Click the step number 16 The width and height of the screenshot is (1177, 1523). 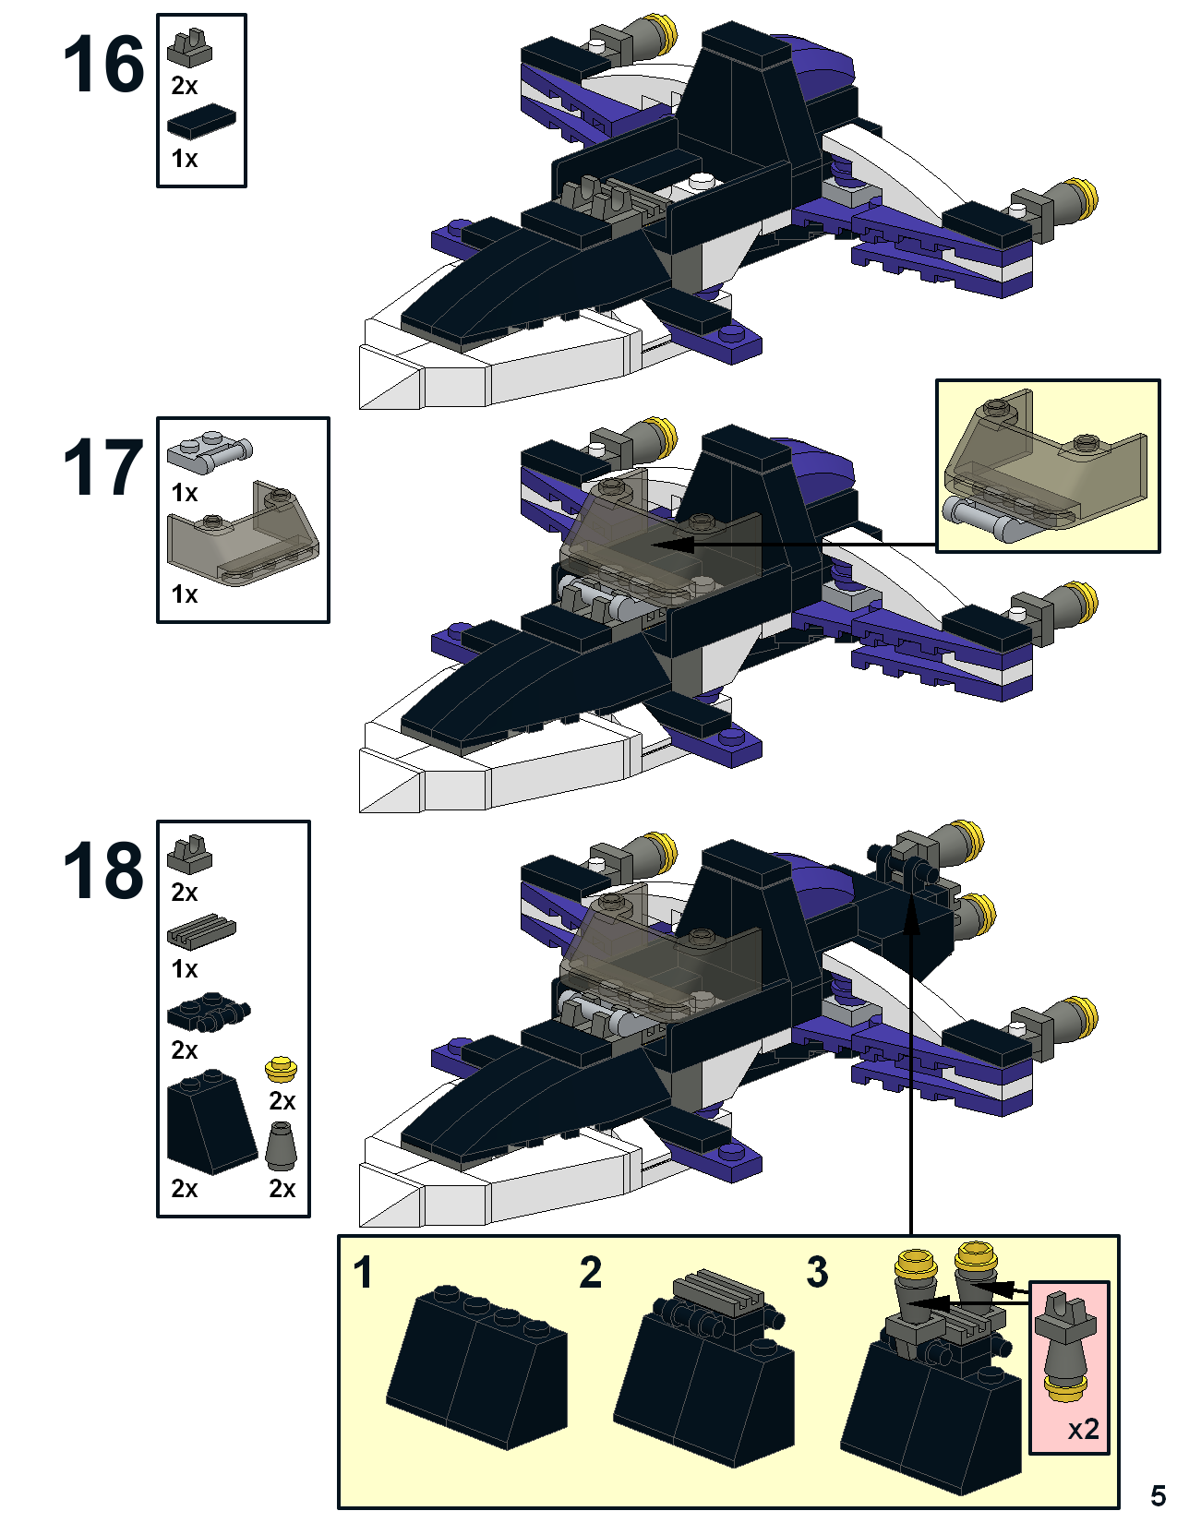tap(103, 65)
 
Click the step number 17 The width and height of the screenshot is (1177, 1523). tap(103, 467)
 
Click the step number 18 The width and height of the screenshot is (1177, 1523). tap(103, 869)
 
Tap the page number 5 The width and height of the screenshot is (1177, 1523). tap(1158, 1495)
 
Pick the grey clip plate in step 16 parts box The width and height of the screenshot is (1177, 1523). tap(189, 49)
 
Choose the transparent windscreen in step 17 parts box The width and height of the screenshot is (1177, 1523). tap(243, 534)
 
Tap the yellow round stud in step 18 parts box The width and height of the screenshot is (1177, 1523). tap(282, 1070)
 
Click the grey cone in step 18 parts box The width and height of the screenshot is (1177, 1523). tap(282, 1145)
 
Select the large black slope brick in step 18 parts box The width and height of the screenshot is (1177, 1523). tap(211, 1121)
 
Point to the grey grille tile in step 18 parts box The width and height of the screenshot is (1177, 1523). tap(201, 931)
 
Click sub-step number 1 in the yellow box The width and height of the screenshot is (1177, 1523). tap(362, 1272)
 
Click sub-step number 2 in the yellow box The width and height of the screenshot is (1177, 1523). tap(590, 1272)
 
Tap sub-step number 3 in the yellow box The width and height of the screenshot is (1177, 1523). tap(817, 1272)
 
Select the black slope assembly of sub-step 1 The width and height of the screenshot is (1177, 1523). tap(476, 1367)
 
